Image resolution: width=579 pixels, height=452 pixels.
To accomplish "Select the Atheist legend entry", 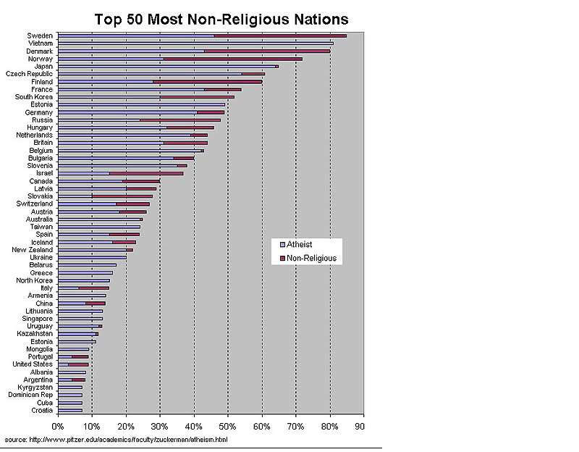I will (300, 245).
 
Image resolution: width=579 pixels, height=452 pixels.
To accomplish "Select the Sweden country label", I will (39, 35).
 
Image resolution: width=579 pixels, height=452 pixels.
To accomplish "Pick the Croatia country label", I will (41, 411).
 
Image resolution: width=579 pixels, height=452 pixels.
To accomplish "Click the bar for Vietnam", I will (195, 43).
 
